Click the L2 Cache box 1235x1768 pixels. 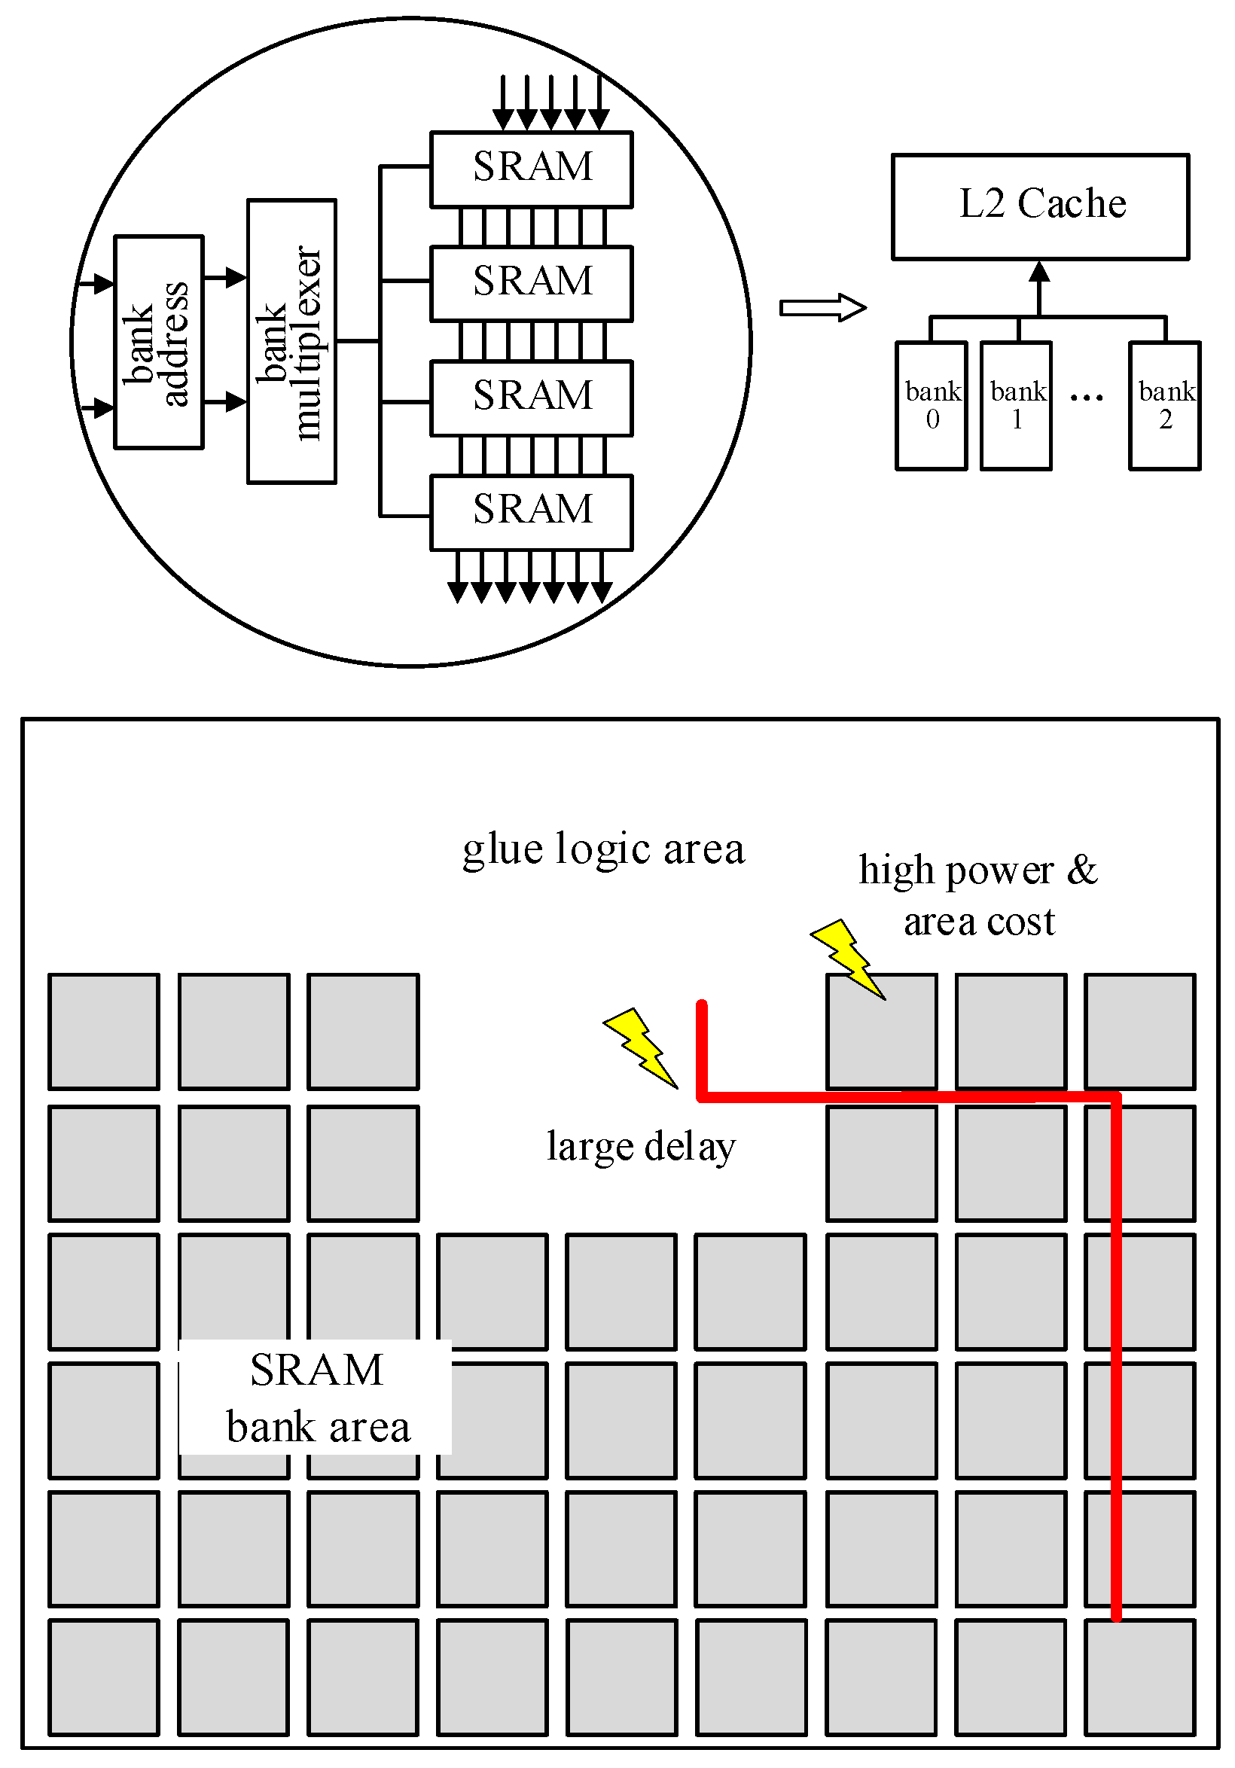tap(1039, 206)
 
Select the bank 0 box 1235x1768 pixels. tap(931, 405)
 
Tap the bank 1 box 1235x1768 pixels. tap(1016, 405)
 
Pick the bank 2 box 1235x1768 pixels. tap(1163, 405)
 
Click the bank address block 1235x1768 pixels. tap(158, 342)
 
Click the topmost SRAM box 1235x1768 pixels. tap(531, 169)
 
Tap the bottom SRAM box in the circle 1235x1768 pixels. tap(531, 512)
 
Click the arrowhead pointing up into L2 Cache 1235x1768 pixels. tap(1039, 271)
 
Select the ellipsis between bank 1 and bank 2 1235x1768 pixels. tap(1086, 398)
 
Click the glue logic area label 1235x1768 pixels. tap(603, 849)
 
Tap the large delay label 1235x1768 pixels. tap(641, 1146)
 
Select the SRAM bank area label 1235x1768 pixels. tap(316, 1398)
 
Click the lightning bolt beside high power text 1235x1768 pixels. tap(847, 959)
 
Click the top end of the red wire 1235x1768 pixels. tap(701, 1005)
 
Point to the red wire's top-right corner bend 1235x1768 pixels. tap(1116, 1096)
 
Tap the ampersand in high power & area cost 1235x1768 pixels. tap(1082, 870)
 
